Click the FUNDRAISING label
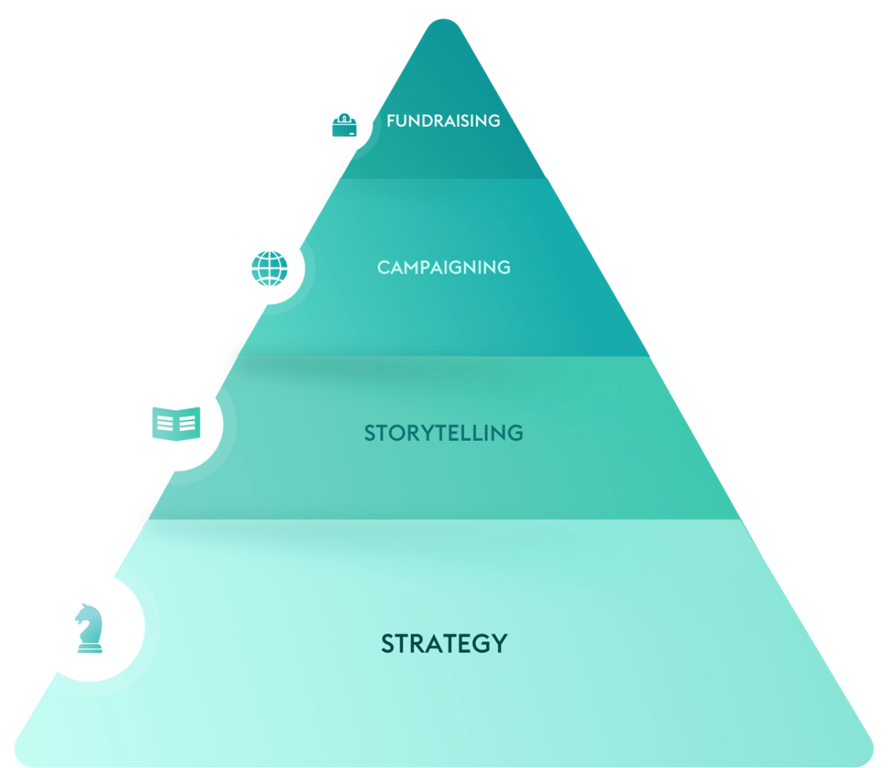click(x=443, y=121)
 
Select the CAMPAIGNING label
click(x=444, y=267)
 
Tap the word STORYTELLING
click(x=444, y=433)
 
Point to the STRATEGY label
click(x=444, y=643)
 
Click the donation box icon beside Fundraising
click(x=344, y=125)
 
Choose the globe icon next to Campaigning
click(x=270, y=268)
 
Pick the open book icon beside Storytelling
click(x=176, y=423)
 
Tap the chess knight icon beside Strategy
click(x=88, y=628)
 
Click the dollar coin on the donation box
click(x=344, y=119)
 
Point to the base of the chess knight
click(x=89, y=649)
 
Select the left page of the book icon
click(x=165, y=423)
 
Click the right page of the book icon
click(x=188, y=423)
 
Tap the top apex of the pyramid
click(x=443, y=18)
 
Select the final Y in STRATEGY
click(x=498, y=643)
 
